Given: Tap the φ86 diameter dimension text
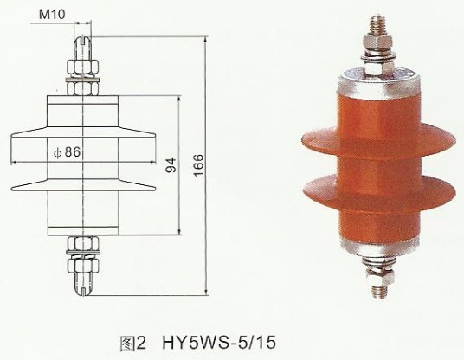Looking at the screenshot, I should pyautogui.click(x=67, y=152).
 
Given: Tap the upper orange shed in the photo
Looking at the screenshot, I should pyautogui.click(x=377, y=138).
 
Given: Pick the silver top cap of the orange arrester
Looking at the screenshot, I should pyautogui.click(x=377, y=84).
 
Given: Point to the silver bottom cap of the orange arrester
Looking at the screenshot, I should pyautogui.click(x=378, y=243).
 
